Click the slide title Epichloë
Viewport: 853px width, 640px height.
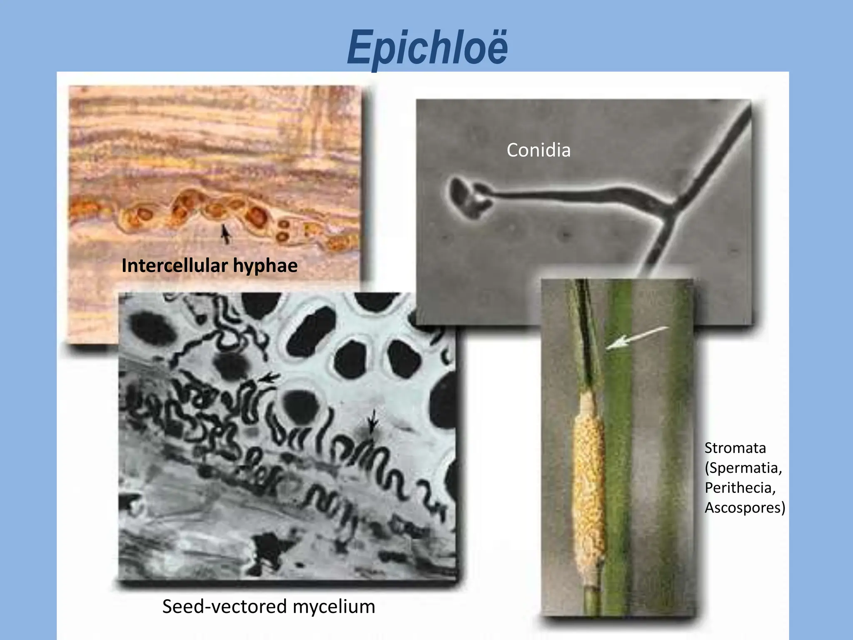coord(427,48)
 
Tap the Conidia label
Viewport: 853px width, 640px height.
coord(538,150)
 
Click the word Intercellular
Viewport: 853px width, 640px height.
coord(175,266)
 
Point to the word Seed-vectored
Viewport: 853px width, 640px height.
coord(225,606)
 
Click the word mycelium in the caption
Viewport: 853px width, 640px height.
coord(334,607)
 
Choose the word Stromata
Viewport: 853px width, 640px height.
coord(735,448)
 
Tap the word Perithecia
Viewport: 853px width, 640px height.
coord(740,487)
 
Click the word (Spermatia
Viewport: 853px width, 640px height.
coord(743,468)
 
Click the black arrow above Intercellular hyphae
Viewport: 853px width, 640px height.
coord(225,234)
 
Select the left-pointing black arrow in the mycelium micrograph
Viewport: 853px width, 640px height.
coord(269,378)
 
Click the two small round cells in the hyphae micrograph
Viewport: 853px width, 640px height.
coord(284,230)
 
